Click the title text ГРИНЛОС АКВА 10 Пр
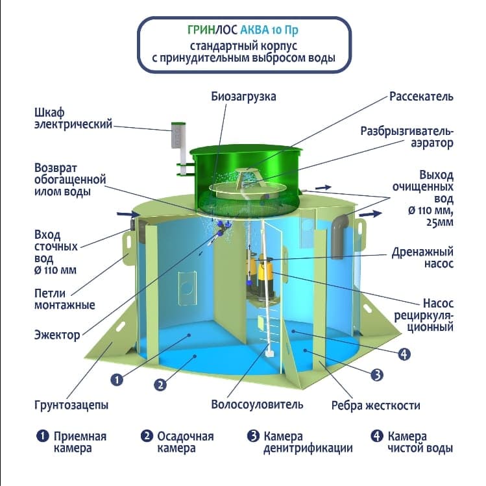pos(243,30)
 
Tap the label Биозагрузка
pos(243,97)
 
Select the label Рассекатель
pos(421,97)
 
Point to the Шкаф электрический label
pos(73,118)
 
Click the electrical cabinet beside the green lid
pos(178,135)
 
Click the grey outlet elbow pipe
pos(339,236)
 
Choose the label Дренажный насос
pos(422,258)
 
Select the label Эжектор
pos(57,335)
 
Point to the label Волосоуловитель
pos(257,404)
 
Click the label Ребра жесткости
pos(376,406)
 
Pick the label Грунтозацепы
pos(71,405)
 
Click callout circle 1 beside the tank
pos(117,380)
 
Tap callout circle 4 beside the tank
pos(404,354)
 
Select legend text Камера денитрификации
pos(308,443)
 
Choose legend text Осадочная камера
pos(186,443)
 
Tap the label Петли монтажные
pos(64,299)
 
